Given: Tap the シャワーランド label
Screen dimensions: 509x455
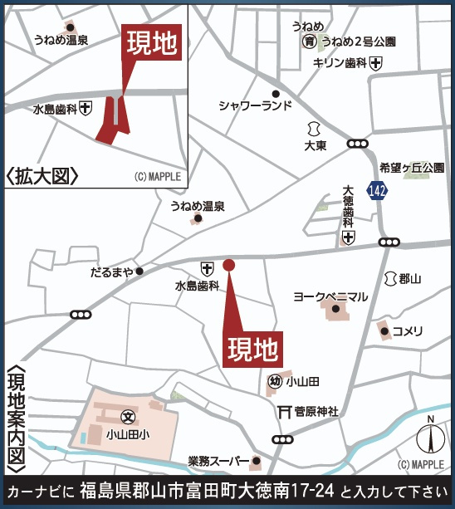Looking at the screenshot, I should [x=256, y=105].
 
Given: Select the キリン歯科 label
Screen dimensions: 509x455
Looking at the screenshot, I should [x=340, y=62].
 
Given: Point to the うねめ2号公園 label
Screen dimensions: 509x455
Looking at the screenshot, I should [x=359, y=42].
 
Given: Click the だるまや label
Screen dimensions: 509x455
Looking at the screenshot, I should [x=110, y=272].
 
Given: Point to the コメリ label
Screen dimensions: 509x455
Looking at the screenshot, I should [x=408, y=330].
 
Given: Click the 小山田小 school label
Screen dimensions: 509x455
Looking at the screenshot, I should [x=127, y=433].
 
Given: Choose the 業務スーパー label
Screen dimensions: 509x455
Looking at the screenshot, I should [x=218, y=462].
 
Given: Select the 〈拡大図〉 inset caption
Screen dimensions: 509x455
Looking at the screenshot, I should [x=42, y=175].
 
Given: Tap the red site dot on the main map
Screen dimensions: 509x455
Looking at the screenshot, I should [x=229, y=265].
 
